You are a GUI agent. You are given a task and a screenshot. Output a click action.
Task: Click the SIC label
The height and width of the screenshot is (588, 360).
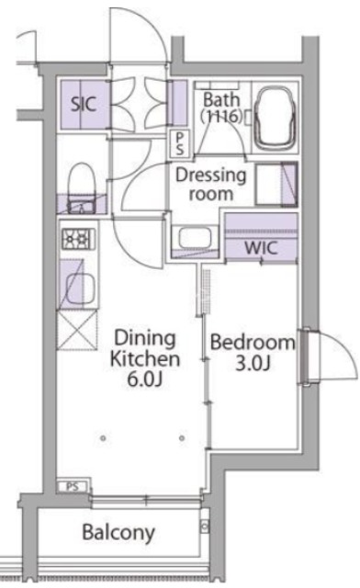point(83,103)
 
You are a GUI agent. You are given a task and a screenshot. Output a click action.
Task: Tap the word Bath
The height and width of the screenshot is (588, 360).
point(221,98)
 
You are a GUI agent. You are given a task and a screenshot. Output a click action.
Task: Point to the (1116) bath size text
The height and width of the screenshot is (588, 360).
point(221,118)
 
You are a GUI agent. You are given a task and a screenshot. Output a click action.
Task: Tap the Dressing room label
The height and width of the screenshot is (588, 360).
point(210,184)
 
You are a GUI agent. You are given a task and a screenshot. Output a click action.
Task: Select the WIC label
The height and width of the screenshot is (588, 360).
point(260,247)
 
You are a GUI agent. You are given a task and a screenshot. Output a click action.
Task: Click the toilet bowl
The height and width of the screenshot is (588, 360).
point(81,180)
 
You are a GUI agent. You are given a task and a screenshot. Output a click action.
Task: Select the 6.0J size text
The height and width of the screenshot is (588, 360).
point(144,377)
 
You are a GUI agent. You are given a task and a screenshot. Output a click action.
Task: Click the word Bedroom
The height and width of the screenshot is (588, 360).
point(253,343)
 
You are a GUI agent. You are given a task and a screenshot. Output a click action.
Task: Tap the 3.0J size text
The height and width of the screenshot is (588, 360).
point(253,363)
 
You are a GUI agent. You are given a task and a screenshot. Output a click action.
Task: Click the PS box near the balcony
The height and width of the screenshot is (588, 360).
point(70,487)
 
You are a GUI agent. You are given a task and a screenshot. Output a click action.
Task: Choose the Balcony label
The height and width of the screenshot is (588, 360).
point(118,532)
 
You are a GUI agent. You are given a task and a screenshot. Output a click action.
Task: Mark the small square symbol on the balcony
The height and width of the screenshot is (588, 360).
point(204,527)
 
